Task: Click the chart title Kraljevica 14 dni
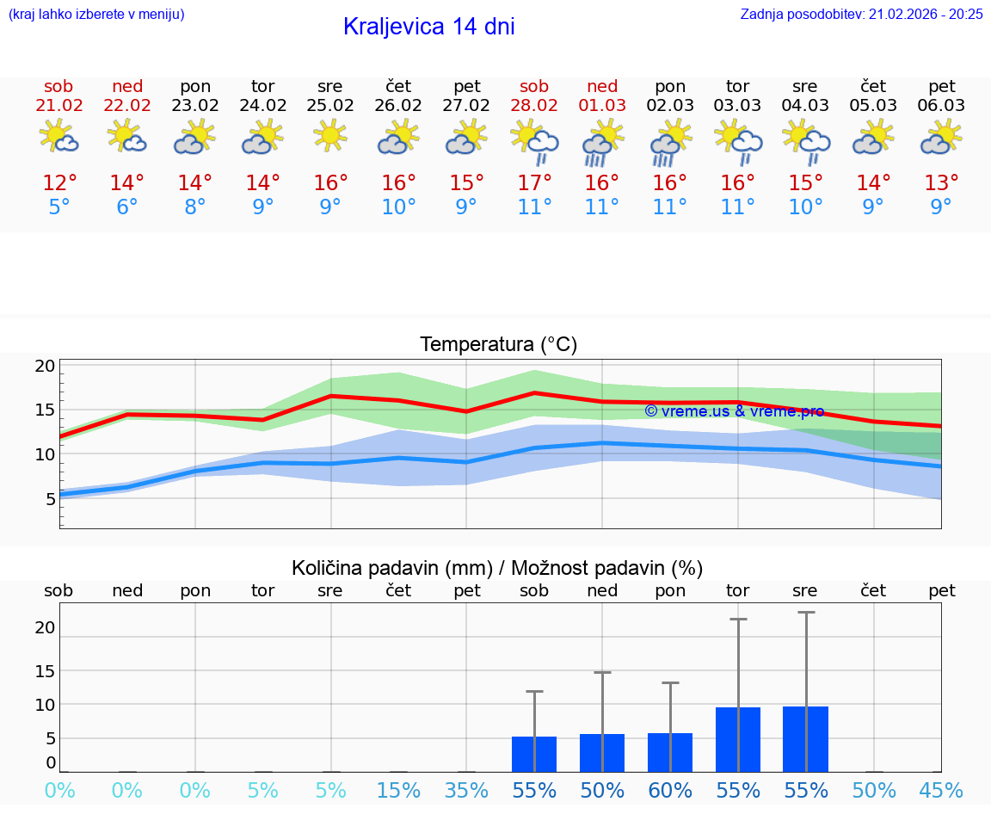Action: pyautogui.click(x=428, y=27)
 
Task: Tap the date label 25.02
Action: pyautogui.click(x=329, y=105)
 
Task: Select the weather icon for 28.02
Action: pyautogui.click(x=534, y=141)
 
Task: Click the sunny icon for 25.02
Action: pyautogui.click(x=330, y=136)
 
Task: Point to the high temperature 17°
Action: pyautogui.click(x=534, y=183)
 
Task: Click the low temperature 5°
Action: pyautogui.click(x=58, y=207)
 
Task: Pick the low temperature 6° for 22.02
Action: pyautogui.click(x=126, y=207)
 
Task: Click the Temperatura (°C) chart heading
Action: pyautogui.click(x=498, y=345)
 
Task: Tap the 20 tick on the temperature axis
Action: pyautogui.click(x=45, y=366)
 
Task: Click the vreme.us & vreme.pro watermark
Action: pyautogui.click(x=734, y=411)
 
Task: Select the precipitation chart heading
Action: pyautogui.click(x=496, y=568)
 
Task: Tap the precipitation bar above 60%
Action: pyautogui.click(x=670, y=752)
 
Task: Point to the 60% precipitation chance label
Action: pyautogui.click(x=670, y=790)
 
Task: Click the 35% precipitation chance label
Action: pyautogui.click(x=466, y=790)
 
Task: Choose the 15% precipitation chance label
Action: pyautogui.click(x=398, y=790)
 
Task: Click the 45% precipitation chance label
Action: pyautogui.click(x=941, y=790)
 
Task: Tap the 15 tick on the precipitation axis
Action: pyautogui.click(x=45, y=670)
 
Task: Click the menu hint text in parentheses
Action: pyautogui.click(x=96, y=14)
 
